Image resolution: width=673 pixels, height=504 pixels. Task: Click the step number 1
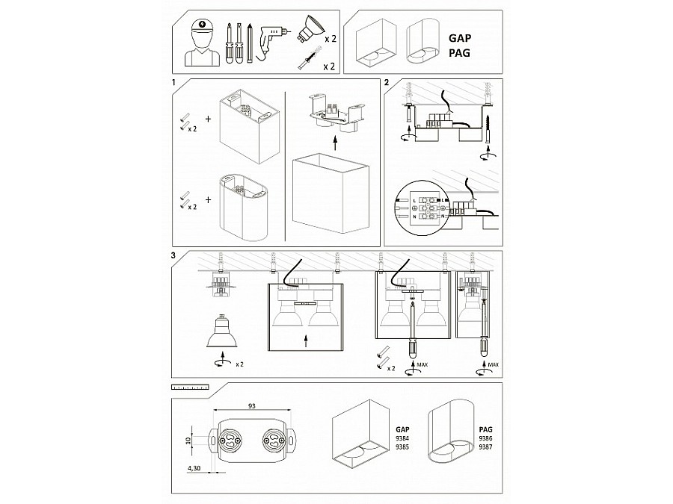pyautogui.click(x=173, y=83)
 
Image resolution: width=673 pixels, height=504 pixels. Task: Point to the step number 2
pyautogui.click(x=387, y=83)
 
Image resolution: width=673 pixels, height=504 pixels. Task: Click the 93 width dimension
pyautogui.click(x=253, y=405)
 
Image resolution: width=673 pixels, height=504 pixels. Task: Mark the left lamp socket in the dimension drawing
pyautogui.click(x=230, y=441)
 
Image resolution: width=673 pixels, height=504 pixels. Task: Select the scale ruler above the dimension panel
pyautogui.click(x=188, y=388)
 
